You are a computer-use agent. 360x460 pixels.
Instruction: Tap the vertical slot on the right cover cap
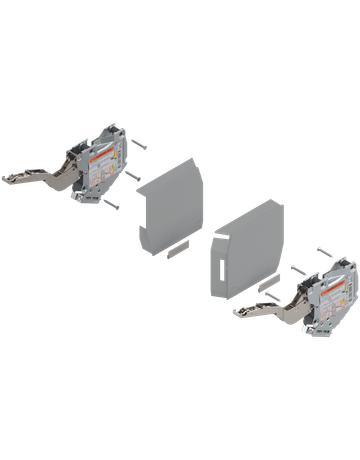tap(217, 265)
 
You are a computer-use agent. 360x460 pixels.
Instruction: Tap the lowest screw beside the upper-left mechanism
tap(112, 204)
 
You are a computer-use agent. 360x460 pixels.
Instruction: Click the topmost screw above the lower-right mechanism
tap(323, 250)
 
